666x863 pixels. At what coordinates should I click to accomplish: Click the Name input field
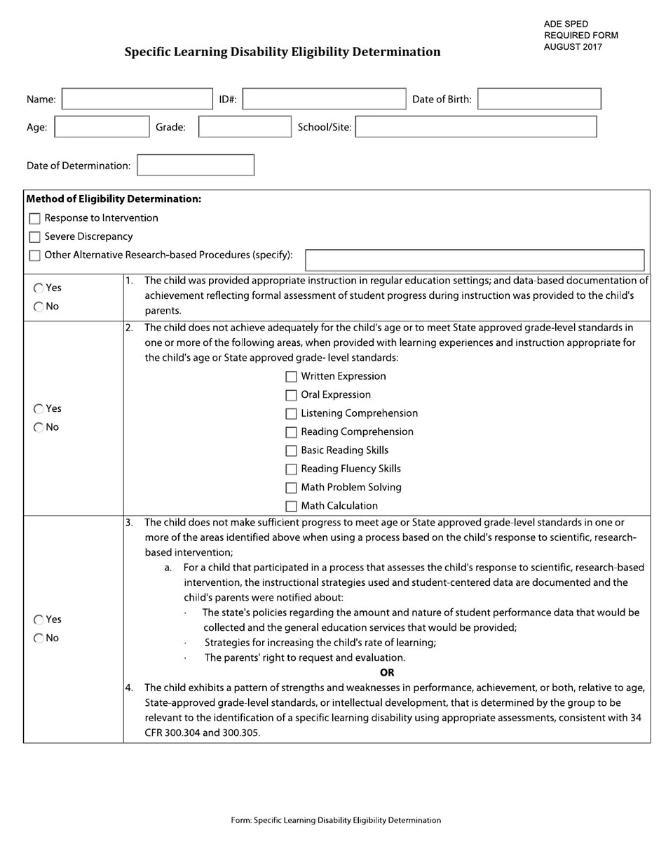coord(137,99)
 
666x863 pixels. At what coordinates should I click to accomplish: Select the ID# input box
coord(324,99)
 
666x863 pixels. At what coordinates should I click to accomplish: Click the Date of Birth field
coord(539,99)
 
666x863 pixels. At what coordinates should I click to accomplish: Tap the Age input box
coord(102,127)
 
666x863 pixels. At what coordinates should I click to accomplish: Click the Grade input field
coord(245,127)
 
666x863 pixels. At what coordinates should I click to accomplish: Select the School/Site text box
coord(476,127)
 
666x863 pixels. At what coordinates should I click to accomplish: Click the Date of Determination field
coord(196,166)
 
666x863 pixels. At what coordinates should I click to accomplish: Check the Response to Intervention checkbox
coord(35,218)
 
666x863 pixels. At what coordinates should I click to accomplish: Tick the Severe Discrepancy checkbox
coord(35,237)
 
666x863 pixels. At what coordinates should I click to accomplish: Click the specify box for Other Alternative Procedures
coord(475,260)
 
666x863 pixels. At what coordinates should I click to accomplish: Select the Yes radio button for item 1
coord(39,288)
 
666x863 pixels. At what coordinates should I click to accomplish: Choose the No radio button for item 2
coord(39,427)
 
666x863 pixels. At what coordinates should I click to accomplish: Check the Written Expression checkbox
coord(291,377)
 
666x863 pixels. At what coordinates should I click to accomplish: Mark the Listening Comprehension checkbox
coord(291,414)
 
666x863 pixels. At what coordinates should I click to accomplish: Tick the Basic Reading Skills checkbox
coord(291,450)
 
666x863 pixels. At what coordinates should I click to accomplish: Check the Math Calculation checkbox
coord(291,506)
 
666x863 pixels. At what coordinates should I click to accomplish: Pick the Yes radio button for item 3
coord(39,620)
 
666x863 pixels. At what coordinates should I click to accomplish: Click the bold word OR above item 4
coord(387,672)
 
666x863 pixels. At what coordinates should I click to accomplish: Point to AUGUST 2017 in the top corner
coord(573,47)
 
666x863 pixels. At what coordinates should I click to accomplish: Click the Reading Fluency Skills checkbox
coord(291,469)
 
